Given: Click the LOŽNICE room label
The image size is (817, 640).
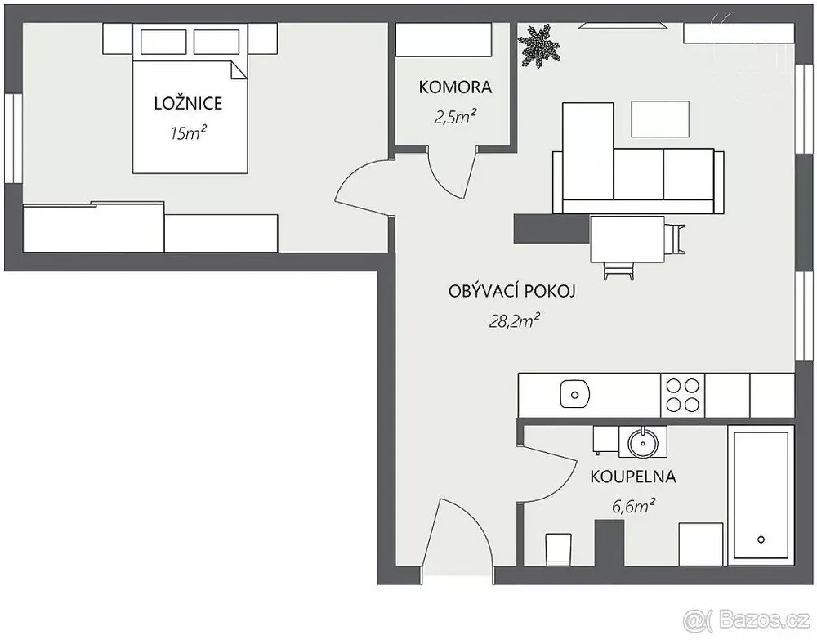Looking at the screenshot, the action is click(x=188, y=103).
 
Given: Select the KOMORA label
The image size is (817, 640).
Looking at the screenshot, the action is click(x=455, y=87).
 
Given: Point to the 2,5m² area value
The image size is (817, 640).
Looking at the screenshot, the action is click(x=455, y=117).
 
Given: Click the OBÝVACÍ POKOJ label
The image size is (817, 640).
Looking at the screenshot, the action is click(x=511, y=290).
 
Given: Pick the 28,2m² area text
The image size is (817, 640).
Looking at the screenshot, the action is click(x=514, y=320).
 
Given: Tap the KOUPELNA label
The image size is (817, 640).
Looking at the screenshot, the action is click(x=632, y=477).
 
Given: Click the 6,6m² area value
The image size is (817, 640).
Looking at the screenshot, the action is click(x=634, y=505).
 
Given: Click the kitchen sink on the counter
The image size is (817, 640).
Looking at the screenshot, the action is click(x=574, y=395).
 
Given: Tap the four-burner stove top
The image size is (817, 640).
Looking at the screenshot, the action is click(x=682, y=395).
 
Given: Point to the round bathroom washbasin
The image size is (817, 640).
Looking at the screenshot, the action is click(x=644, y=444).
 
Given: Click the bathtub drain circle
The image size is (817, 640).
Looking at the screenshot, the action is click(x=761, y=539).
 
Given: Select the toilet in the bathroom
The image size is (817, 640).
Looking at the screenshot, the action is click(x=559, y=549).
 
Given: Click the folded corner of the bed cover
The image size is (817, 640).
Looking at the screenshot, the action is click(x=239, y=69).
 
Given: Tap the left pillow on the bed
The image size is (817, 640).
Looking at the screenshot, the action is click(x=163, y=42).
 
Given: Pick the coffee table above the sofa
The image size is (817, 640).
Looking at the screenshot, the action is click(x=660, y=119).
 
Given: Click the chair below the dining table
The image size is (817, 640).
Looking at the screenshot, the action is click(x=619, y=271).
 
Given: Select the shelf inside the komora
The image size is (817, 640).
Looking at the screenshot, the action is click(x=444, y=39).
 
